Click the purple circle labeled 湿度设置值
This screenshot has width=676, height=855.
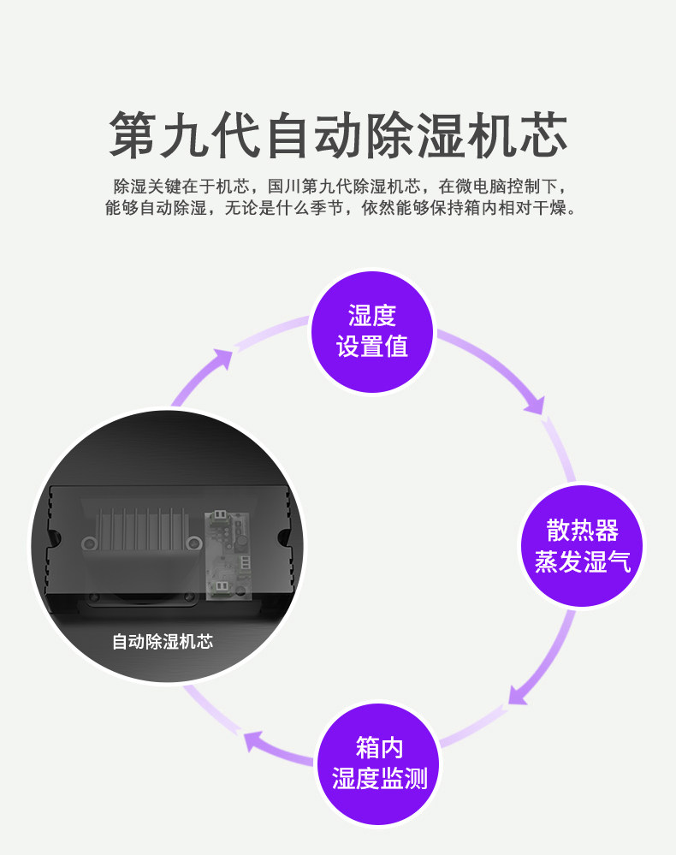point(371,331)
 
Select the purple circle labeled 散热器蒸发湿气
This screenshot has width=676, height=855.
point(582,546)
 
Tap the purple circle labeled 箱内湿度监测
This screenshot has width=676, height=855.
point(379,764)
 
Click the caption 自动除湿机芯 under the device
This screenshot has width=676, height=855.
point(163,641)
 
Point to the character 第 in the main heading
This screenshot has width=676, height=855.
point(133,134)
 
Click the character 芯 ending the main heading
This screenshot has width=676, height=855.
point(543,134)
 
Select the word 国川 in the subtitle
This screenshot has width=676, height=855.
point(284,187)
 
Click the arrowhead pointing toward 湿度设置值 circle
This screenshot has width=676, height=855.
point(223,359)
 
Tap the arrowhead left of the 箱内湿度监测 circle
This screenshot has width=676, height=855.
point(253,740)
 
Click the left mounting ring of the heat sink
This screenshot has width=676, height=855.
point(89,543)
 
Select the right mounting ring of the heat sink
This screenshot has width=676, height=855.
point(194,543)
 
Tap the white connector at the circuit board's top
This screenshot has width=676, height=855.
point(219,514)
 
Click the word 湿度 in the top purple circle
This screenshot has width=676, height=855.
point(371,316)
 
